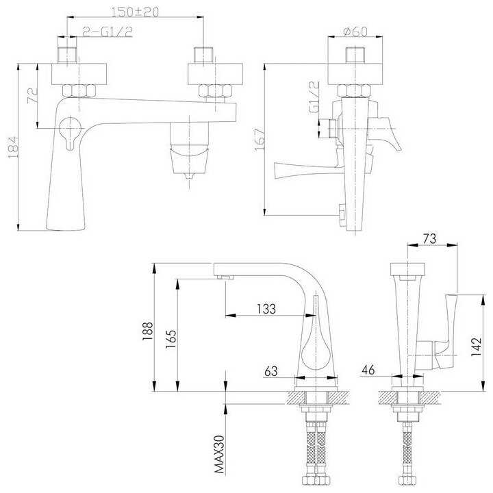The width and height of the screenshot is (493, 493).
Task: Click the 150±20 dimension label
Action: click(x=136, y=12)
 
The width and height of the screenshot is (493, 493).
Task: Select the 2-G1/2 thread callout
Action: click(x=108, y=31)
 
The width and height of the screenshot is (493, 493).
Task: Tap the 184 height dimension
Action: click(x=14, y=147)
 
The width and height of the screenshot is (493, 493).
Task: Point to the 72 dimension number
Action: click(x=33, y=96)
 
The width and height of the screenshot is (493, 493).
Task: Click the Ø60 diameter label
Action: click(x=355, y=31)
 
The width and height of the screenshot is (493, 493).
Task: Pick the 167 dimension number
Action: click(x=260, y=140)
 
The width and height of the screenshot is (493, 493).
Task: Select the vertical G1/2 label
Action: click(x=314, y=97)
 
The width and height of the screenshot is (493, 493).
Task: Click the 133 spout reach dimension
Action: click(x=266, y=309)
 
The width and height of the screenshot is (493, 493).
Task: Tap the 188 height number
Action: click(x=147, y=331)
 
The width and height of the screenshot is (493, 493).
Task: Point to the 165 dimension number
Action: click(x=171, y=339)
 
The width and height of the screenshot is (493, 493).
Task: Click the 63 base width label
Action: click(x=271, y=371)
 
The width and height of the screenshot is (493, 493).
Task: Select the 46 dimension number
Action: click(x=368, y=370)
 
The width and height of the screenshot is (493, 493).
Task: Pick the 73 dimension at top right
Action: click(x=429, y=239)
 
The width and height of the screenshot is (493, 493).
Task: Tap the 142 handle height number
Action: click(x=476, y=346)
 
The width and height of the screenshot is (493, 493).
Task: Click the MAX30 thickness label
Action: click(x=220, y=454)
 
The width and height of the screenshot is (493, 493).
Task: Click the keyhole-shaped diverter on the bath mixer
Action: click(x=70, y=132)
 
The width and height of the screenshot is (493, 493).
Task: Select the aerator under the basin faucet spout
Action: click(x=226, y=277)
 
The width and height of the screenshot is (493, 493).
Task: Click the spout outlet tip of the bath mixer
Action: click(x=189, y=176)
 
